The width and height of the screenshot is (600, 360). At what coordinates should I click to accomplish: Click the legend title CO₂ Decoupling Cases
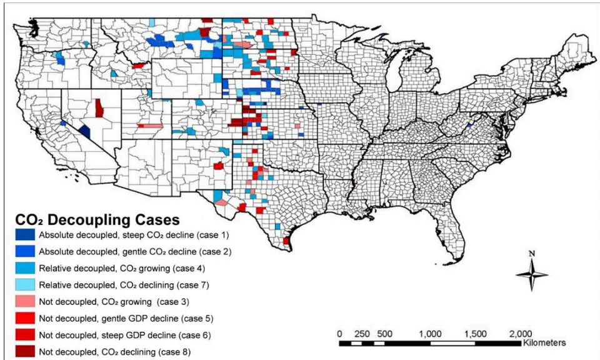[x=97, y=220]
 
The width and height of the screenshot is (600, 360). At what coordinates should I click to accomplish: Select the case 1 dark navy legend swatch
[x=25, y=234]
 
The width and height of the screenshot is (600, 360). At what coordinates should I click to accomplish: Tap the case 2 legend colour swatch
[x=25, y=251]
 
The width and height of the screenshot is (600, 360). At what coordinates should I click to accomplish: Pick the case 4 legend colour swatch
[x=25, y=268]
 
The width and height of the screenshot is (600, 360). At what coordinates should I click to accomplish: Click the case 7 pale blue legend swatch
[x=25, y=285]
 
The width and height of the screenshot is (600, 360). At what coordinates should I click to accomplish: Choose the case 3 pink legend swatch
[x=25, y=301]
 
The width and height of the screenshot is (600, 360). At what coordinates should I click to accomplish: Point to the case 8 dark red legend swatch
[x=25, y=352]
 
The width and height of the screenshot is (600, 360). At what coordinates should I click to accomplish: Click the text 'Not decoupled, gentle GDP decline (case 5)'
[x=126, y=319]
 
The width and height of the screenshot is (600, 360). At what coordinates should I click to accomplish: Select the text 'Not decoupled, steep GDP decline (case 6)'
[x=125, y=336]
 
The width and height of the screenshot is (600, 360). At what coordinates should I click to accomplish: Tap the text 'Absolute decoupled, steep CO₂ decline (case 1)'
[x=134, y=235]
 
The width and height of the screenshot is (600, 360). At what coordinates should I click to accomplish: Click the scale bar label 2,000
[x=521, y=334]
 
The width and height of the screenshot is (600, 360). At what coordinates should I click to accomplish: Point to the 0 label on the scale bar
[x=339, y=334]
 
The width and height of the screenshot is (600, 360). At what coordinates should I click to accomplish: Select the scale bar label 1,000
[x=430, y=334]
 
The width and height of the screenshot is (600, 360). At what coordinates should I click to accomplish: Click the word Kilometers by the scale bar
[x=544, y=342]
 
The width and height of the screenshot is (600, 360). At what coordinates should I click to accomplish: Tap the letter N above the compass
[x=531, y=254]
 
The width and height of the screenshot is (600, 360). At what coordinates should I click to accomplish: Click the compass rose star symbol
[x=532, y=274]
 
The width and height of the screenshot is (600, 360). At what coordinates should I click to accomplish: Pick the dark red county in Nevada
[x=99, y=108]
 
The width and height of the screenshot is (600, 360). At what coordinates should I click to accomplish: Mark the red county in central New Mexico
[x=219, y=166]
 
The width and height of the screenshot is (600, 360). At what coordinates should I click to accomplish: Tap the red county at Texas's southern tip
[x=286, y=241]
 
